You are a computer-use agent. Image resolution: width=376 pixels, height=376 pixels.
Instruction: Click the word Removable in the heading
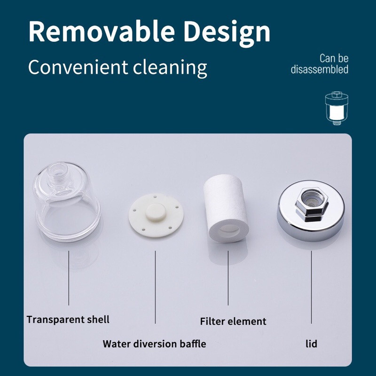click(x=102, y=31)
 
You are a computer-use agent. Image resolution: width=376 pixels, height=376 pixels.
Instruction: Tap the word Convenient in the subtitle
click(x=78, y=67)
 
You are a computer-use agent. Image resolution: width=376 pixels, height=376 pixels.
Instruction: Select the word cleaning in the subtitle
click(x=170, y=68)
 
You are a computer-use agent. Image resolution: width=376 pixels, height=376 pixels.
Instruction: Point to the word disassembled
click(x=320, y=69)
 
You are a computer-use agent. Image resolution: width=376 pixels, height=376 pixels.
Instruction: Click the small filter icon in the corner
click(x=337, y=108)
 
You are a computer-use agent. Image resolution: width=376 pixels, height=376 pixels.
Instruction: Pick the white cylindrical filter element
click(x=226, y=208)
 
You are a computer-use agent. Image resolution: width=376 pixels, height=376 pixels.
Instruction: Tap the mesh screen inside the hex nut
click(x=311, y=197)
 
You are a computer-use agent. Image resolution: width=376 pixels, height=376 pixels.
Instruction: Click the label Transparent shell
click(x=68, y=320)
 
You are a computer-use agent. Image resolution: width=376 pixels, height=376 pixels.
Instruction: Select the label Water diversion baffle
click(x=154, y=344)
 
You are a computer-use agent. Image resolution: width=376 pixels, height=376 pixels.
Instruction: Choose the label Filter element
click(x=233, y=321)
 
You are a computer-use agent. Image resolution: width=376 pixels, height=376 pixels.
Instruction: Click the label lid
click(x=311, y=344)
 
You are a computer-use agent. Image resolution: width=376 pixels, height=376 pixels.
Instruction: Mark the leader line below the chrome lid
click(x=312, y=287)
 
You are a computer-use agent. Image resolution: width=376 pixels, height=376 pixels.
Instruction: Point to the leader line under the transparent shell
click(x=69, y=278)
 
